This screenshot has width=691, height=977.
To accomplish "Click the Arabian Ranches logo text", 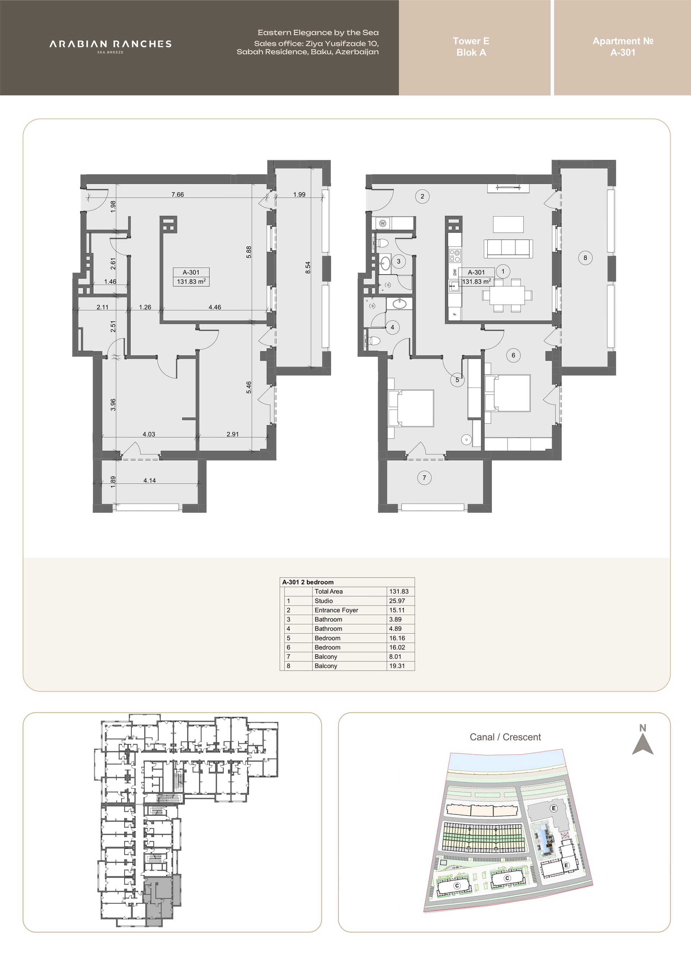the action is [x=110, y=44].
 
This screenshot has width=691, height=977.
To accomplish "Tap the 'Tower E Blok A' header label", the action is [x=471, y=47].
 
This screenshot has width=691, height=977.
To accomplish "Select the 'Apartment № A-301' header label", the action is [x=623, y=47].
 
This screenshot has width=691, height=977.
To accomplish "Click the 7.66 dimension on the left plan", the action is [x=177, y=194].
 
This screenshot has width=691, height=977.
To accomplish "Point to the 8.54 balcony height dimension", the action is [x=308, y=267].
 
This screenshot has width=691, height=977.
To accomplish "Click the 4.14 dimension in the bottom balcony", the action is [x=149, y=480].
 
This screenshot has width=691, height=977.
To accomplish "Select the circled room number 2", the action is [x=422, y=196].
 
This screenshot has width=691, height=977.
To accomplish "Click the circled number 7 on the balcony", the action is [x=424, y=478].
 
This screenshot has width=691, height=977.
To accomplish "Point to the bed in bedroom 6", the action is [x=507, y=393].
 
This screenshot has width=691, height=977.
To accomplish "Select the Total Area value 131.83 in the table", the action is [x=399, y=591].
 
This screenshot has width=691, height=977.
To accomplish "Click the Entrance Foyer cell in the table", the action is [x=336, y=610].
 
